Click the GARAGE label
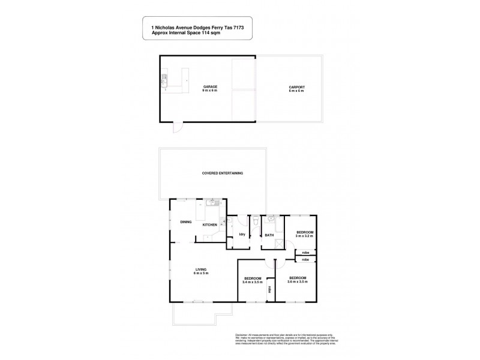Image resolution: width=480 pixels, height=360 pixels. point(209,87)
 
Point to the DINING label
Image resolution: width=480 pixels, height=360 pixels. point(185,222)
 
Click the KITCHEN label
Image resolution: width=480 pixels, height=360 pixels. point(209,225)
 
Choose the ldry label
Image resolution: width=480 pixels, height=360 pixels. point(242,234)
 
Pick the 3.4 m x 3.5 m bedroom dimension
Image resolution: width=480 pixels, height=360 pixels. point(253,282)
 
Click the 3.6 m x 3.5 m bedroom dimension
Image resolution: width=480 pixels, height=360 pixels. point(298,281)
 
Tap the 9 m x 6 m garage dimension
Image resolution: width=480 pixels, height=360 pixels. point(209,91)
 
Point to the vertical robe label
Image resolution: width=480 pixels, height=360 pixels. point(270,290)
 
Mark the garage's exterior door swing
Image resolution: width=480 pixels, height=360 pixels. point(176,128)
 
